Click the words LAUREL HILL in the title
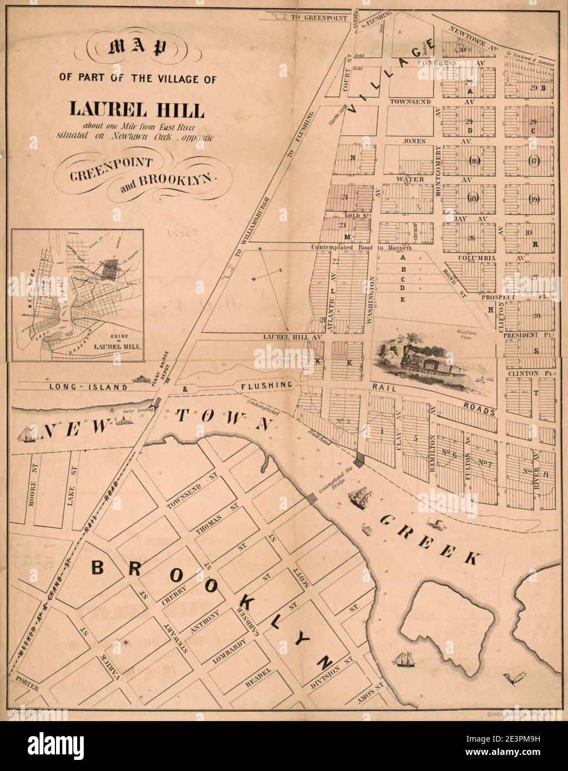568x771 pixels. click(136, 108)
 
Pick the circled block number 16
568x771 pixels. click(474, 161)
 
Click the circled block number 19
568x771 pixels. click(534, 199)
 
